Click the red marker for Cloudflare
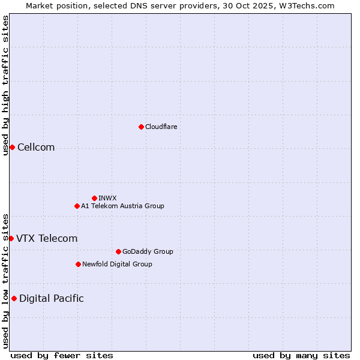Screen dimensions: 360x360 141,127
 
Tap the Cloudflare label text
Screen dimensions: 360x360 161,127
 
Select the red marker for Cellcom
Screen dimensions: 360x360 12,148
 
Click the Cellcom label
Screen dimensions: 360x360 36,148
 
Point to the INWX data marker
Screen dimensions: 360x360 94,198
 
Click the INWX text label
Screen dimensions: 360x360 107,198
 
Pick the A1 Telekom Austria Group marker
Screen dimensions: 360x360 77,206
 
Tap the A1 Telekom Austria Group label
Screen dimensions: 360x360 122,206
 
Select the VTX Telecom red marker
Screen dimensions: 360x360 11,239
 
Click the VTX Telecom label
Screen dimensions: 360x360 47,239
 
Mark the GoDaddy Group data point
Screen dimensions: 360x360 118,252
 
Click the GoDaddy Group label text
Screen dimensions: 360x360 148,252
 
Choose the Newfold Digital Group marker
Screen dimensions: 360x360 78,265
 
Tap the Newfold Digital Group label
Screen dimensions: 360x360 117,265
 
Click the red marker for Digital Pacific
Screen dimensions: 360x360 14,299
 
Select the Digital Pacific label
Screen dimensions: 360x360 52,299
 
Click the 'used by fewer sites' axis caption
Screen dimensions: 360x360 62,355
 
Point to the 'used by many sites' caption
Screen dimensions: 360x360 301,355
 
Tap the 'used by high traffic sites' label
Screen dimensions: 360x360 5,85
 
